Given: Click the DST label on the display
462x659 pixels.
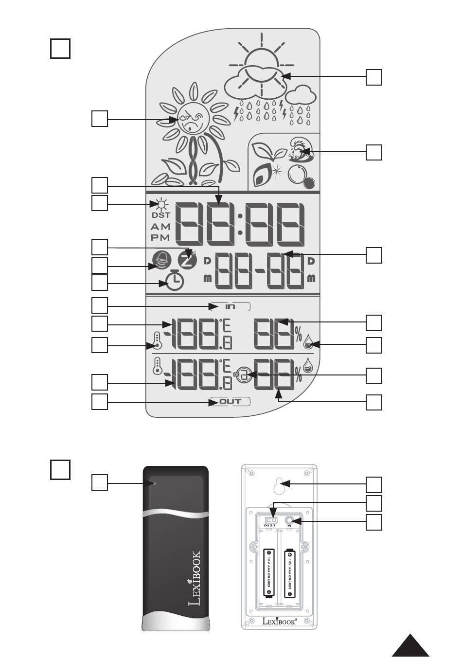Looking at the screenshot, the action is click(161, 215).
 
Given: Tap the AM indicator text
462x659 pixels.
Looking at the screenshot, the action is click(160, 227).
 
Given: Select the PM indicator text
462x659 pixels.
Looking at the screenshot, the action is click(160, 238).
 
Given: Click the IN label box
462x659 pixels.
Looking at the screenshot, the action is click(231, 306).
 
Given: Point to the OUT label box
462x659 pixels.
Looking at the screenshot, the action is click(231, 402).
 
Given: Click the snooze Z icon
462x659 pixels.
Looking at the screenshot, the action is click(186, 259).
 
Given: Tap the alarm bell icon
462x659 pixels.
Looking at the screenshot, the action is click(161, 262).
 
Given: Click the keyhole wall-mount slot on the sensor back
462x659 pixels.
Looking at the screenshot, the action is click(280, 484).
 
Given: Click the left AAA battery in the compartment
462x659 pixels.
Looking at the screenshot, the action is click(269, 572).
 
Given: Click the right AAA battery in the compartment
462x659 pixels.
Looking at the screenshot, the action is click(290, 572).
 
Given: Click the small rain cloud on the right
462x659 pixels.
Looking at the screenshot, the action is click(299, 93).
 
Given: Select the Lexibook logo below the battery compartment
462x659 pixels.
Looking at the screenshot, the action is click(280, 621).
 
